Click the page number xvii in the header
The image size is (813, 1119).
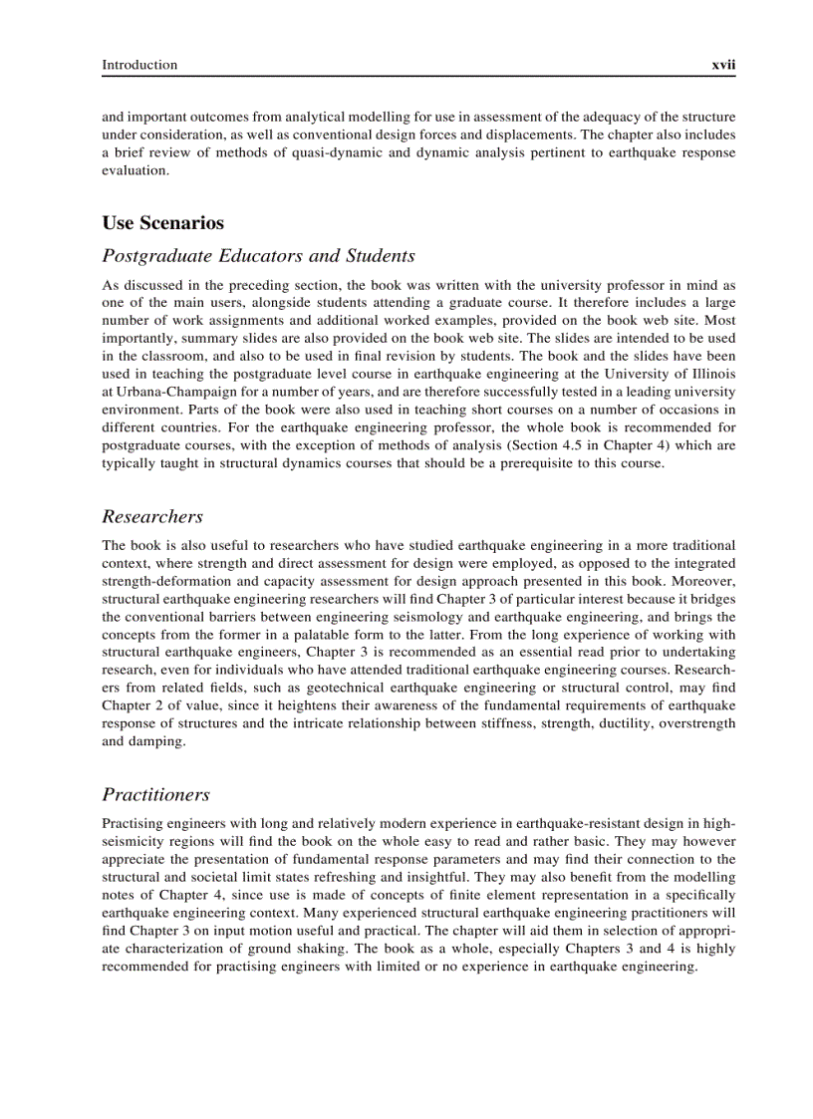pyautogui.click(x=722, y=65)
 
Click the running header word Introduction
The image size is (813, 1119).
pyautogui.click(x=139, y=65)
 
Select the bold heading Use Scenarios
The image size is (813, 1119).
pyautogui.click(x=162, y=222)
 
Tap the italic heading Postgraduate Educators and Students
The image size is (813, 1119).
pyautogui.click(x=258, y=256)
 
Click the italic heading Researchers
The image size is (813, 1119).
pyautogui.click(x=152, y=516)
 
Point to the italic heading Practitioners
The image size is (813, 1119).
pyautogui.click(x=155, y=794)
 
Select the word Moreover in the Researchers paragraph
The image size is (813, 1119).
pyautogui.click(x=703, y=581)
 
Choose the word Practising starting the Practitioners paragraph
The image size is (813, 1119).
pyautogui.click(x=134, y=823)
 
